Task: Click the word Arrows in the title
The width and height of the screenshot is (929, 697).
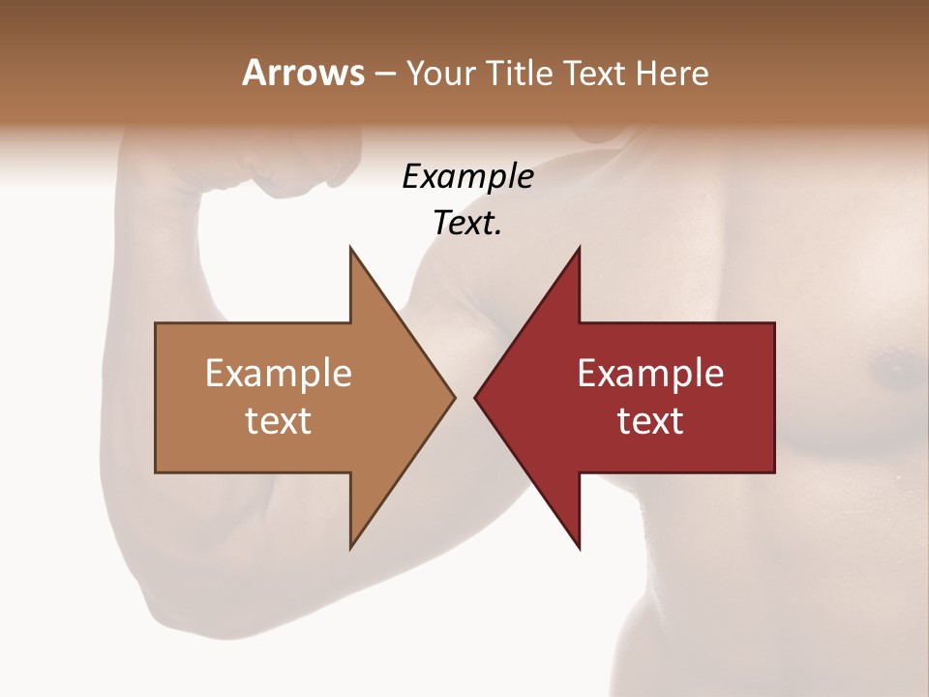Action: tap(303, 73)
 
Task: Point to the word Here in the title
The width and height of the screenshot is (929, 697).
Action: tap(673, 73)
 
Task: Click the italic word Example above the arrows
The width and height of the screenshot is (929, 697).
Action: tap(467, 176)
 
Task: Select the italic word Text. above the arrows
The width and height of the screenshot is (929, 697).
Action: tap(467, 223)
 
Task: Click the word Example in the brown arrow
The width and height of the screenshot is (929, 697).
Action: tap(278, 374)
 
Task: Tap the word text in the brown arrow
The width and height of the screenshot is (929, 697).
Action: tap(278, 420)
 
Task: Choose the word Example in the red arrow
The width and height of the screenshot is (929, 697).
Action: tap(650, 374)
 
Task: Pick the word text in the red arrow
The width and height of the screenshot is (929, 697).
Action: tap(650, 420)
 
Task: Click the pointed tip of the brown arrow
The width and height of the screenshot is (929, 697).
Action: tap(454, 397)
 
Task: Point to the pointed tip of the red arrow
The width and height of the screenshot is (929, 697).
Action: tap(475, 397)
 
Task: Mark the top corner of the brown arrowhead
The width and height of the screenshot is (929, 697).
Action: tap(350, 248)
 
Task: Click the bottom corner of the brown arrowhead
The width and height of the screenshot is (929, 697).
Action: tap(350, 548)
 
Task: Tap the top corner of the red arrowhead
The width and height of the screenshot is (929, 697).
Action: tap(579, 248)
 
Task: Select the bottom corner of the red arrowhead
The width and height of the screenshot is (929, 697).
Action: tap(579, 548)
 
